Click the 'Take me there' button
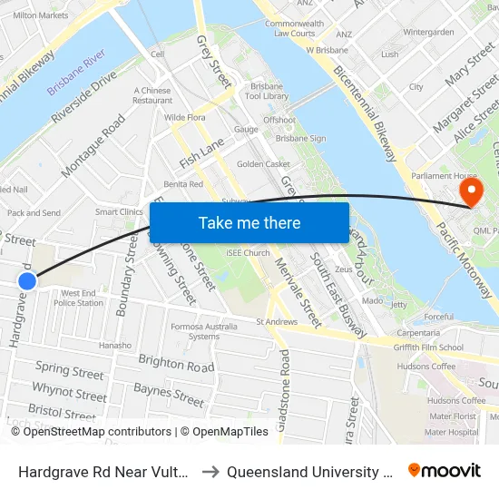(x=249, y=222)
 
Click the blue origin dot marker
(x=27, y=281)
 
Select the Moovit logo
(x=445, y=471)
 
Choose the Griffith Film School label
(x=428, y=347)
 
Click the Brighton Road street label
(x=176, y=363)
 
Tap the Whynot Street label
(x=69, y=393)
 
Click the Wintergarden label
(x=427, y=32)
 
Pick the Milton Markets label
(x=41, y=15)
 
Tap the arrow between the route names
(x=209, y=472)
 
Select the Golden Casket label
(x=263, y=164)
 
